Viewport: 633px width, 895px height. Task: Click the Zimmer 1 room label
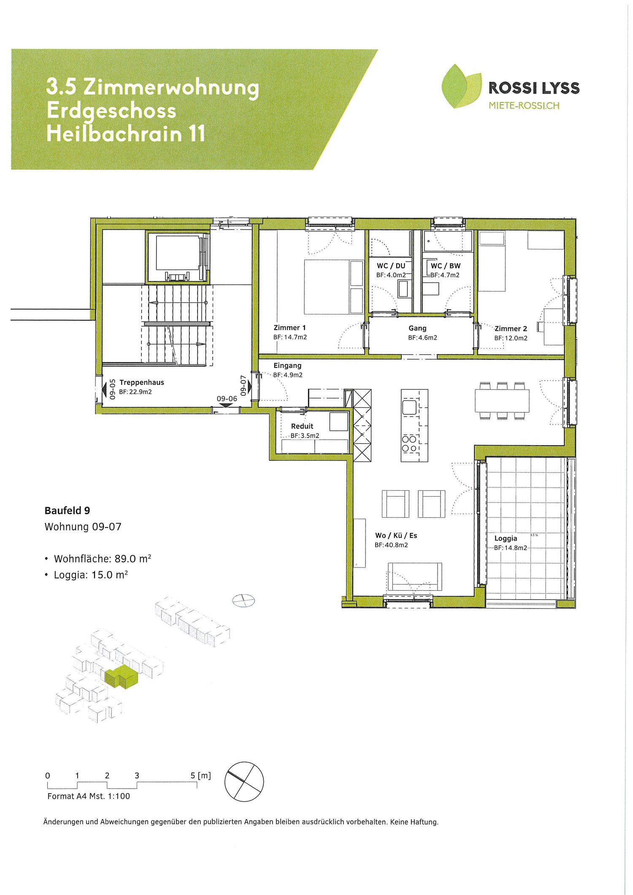point(289,327)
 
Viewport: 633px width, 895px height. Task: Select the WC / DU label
point(391,266)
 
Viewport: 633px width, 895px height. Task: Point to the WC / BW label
point(445,266)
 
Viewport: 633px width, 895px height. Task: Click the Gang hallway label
point(417,328)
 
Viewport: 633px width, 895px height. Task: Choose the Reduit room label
point(302,426)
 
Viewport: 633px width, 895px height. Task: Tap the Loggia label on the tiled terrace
point(506,538)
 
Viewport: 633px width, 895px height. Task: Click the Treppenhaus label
point(141,382)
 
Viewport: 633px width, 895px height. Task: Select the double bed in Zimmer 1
point(333,287)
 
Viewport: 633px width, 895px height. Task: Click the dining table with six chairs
point(502,401)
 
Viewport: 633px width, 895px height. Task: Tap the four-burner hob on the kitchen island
point(409,444)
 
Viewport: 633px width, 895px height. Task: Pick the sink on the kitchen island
point(409,407)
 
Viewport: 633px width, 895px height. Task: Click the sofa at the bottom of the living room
point(414,576)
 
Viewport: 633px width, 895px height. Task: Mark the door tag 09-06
point(227,399)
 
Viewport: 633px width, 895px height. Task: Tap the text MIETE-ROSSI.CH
point(524,105)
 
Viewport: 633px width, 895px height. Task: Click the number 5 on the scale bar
point(193,776)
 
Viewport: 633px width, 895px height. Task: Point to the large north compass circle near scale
point(244,781)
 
